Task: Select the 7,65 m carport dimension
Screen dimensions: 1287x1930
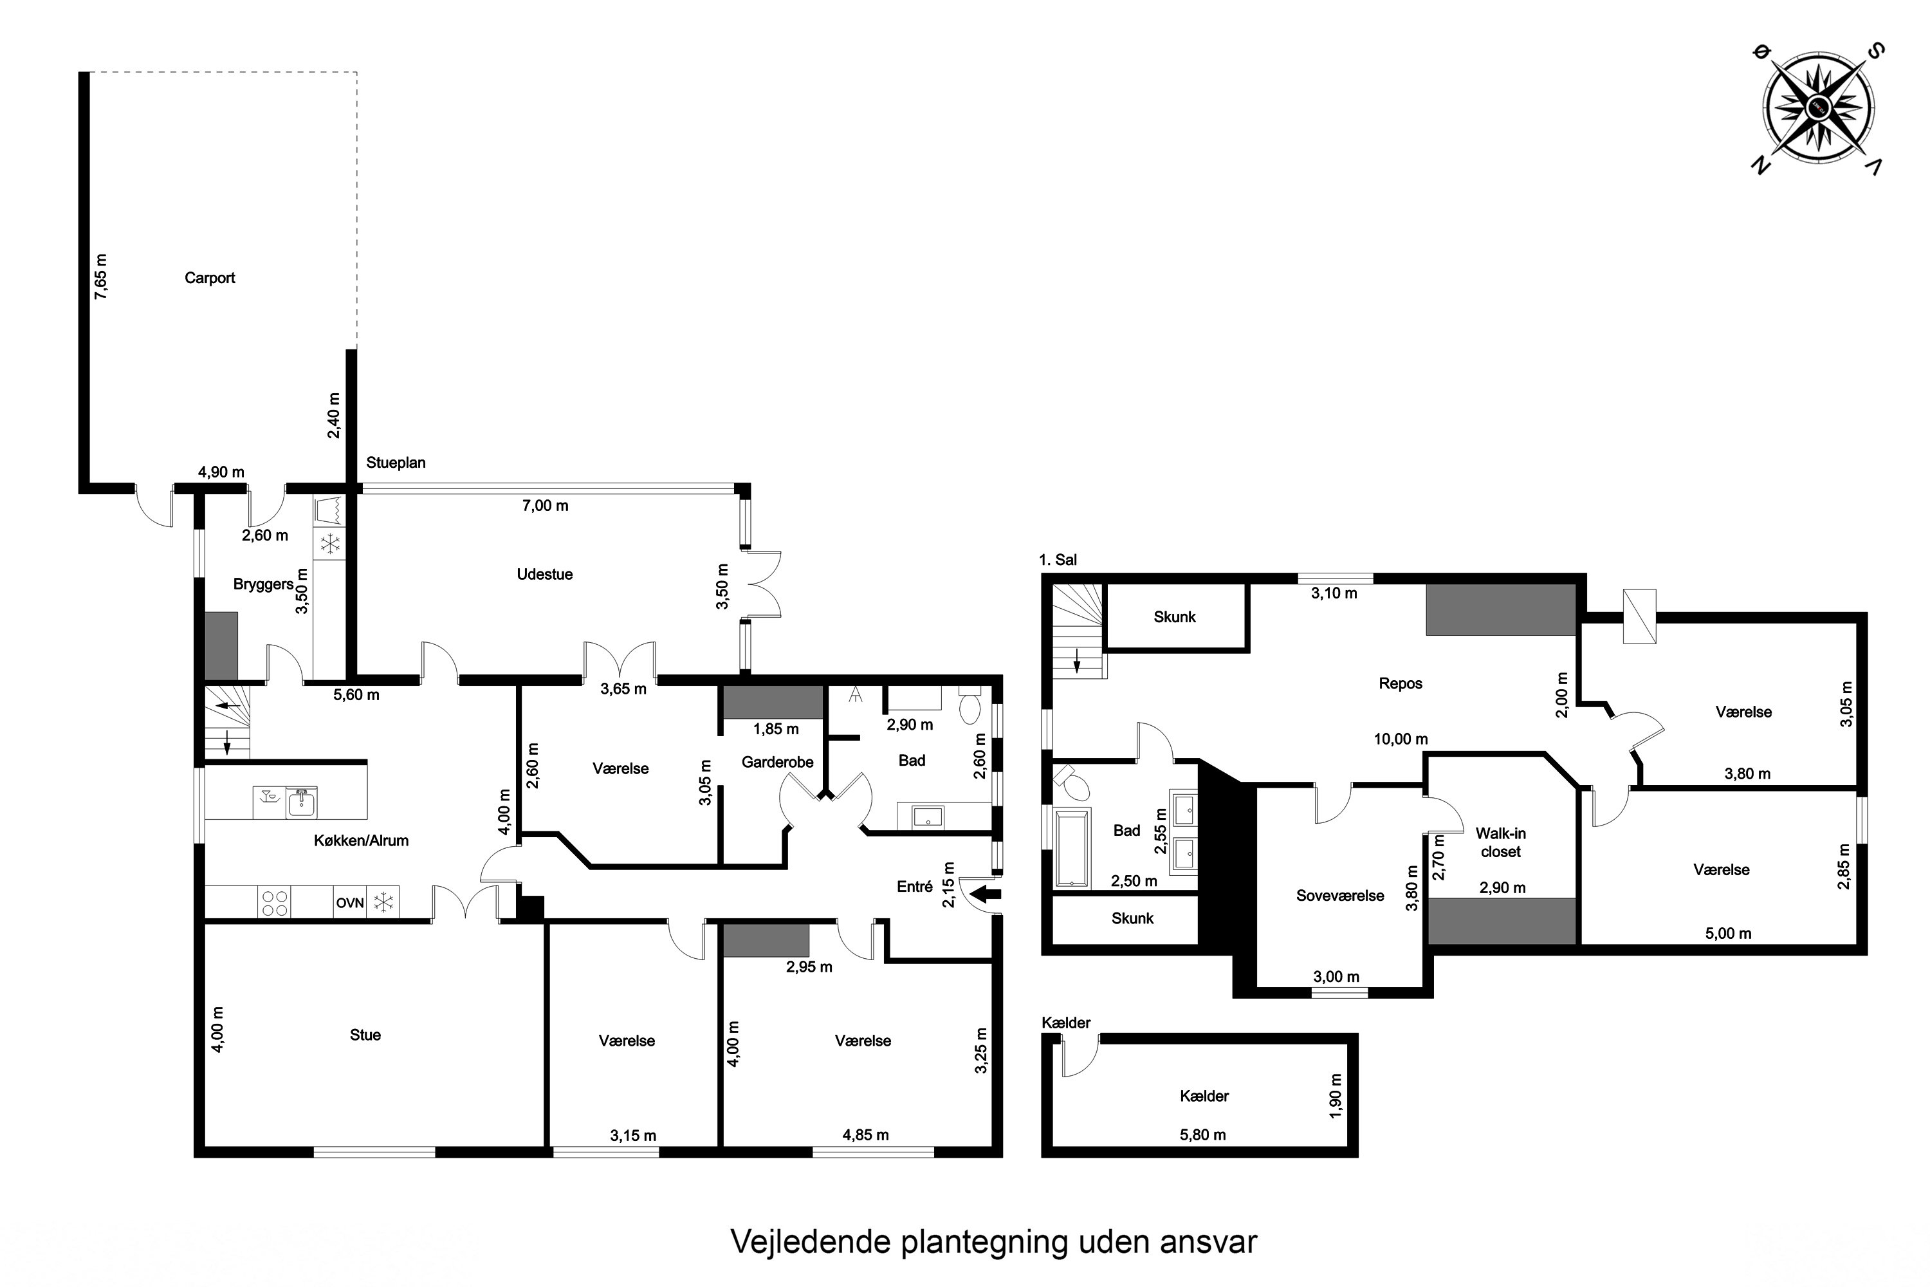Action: coord(101,277)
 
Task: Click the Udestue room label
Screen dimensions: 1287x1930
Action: coord(544,575)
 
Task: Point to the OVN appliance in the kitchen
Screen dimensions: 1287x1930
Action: coord(349,903)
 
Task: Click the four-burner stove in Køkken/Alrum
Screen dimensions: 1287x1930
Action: coord(274,903)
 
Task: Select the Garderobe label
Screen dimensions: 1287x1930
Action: coord(777,763)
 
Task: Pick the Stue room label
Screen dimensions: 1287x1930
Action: coord(365,1035)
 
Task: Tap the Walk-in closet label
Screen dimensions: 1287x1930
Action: coord(1500,843)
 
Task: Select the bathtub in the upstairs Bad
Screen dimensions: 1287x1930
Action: coord(1072,849)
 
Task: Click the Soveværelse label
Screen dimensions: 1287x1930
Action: coord(1339,896)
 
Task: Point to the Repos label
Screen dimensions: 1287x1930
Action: coord(1400,683)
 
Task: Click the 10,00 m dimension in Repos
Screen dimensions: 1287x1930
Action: coord(1400,739)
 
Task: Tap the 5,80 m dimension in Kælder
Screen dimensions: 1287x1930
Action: coord(1202,1135)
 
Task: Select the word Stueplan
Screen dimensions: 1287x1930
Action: coord(396,463)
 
